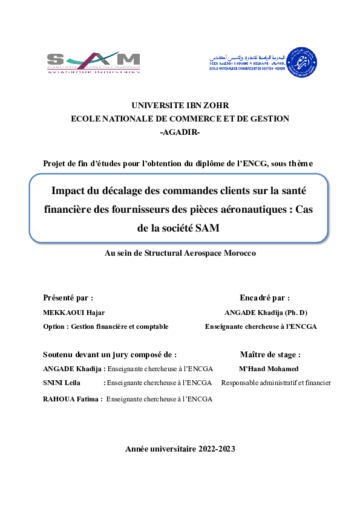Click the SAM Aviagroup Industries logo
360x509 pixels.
[x=94, y=62]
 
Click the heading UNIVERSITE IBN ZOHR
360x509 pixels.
[x=180, y=105]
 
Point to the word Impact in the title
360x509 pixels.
[x=69, y=191]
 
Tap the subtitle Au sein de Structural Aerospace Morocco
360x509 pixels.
[x=180, y=253]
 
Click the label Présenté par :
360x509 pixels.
[x=68, y=297]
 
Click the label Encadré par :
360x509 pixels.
[x=264, y=297]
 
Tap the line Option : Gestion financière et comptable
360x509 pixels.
[x=106, y=326]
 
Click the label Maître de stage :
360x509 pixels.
[x=270, y=355]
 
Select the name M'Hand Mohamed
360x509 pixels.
[x=269, y=369]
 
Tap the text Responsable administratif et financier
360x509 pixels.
[x=276, y=383]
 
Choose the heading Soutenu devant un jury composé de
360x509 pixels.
[x=110, y=355]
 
